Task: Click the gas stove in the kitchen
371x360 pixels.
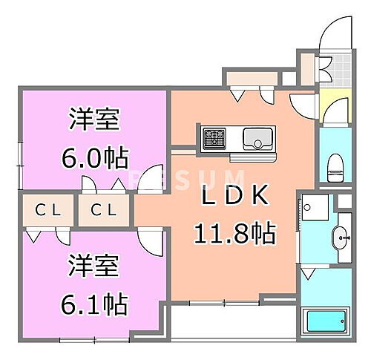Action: (x=215, y=137)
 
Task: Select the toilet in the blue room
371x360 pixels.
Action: (x=334, y=165)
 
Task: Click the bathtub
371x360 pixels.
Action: (x=326, y=324)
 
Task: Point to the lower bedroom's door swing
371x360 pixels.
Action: (x=149, y=241)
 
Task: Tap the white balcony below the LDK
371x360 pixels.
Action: (x=230, y=324)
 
